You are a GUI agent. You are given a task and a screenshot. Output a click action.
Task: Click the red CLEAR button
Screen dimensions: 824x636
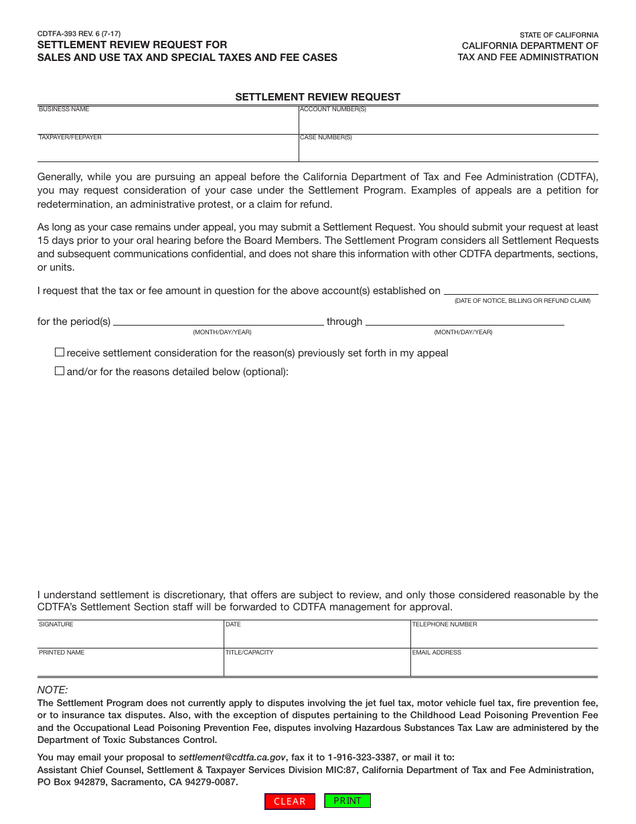click(290, 801)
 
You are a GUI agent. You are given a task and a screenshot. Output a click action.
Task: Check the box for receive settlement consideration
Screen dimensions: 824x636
click(60, 352)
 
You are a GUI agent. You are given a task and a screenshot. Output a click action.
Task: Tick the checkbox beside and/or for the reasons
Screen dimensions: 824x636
click(60, 371)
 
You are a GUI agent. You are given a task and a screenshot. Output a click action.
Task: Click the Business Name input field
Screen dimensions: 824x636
click(167, 123)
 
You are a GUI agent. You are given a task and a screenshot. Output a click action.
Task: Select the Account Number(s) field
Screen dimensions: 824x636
click(449, 123)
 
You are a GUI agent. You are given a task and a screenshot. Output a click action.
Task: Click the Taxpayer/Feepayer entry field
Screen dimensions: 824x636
click(167, 151)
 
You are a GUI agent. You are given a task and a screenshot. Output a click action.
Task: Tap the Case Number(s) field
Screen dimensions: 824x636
click(449, 151)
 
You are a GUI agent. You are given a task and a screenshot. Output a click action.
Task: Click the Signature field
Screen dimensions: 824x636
click(131, 637)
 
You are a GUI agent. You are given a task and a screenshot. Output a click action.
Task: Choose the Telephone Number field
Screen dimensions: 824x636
click(504, 637)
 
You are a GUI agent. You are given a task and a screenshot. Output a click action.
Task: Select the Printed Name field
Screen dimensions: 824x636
click(131, 665)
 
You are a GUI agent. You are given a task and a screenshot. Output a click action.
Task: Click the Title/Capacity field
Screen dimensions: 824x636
click(317, 665)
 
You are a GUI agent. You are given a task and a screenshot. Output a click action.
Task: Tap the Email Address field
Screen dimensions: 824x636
click(504, 665)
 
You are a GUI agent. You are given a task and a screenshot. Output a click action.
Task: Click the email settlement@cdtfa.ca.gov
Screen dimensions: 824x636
click(232, 757)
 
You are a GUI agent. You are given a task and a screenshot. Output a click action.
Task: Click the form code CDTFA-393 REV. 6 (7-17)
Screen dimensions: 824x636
click(79, 33)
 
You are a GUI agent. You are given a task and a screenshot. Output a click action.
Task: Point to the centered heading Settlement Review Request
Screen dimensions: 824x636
click(317, 97)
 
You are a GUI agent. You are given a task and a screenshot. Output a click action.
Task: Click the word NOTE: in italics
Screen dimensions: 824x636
click(52, 690)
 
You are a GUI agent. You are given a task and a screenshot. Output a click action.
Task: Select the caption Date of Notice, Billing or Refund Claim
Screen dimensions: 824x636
click(522, 301)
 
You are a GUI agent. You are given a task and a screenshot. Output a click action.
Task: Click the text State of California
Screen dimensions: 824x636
click(559, 35)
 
